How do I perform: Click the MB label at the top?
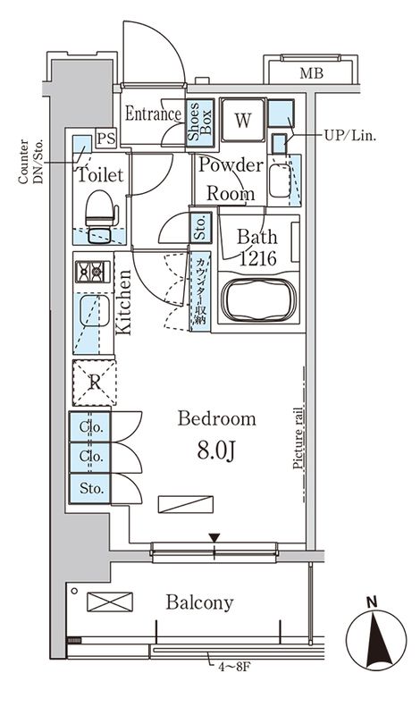[312, 73]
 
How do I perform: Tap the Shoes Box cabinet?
[200, 122]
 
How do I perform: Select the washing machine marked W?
[243, 120]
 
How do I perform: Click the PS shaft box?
[106, 139]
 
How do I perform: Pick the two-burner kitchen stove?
[93, 273]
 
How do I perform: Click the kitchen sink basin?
[94, 311]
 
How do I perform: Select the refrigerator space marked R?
[95, 383]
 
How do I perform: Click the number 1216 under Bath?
[258, 258]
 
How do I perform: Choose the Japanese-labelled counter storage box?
[200, 291]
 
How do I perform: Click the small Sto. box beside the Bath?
[201, 227]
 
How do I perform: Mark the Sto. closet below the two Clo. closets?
[90, 488]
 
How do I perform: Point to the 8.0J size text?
[216, 450]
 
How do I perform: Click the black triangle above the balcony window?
[214, 538]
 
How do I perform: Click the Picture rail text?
[298, 438]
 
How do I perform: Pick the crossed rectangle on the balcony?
[110, 601]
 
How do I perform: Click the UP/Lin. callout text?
[349, 136]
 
